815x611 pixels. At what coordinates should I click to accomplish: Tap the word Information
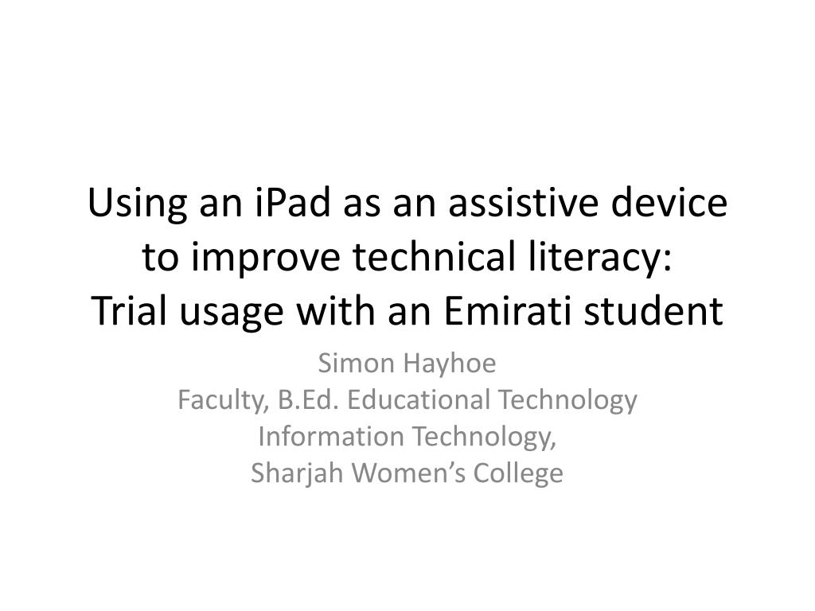tap(330, 436)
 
